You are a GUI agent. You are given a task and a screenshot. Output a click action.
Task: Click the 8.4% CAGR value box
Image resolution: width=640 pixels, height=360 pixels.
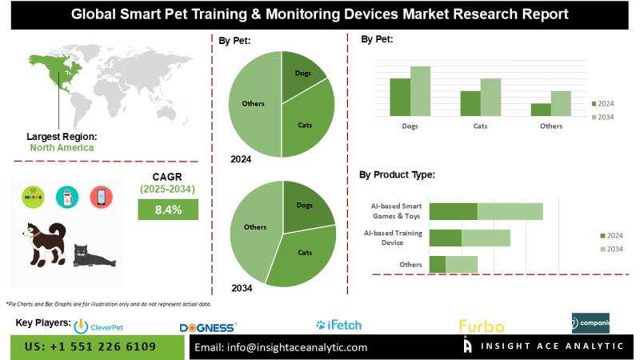click(167, 210)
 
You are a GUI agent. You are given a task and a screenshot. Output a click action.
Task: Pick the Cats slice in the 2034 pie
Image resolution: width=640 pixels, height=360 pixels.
click(304, 254)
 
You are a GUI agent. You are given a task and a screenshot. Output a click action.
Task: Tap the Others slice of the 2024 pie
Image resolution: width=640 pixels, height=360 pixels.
click(253, 104)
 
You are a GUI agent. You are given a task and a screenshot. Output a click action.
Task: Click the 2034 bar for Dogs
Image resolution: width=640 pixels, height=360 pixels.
click(420, 91)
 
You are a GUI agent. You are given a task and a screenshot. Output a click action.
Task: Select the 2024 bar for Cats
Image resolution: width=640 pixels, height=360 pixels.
click(470, 103)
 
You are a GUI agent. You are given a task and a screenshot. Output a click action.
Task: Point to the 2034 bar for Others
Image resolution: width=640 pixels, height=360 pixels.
click(561, 103)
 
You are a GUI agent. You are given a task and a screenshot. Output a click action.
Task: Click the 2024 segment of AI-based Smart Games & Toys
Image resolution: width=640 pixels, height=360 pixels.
click(453, 211)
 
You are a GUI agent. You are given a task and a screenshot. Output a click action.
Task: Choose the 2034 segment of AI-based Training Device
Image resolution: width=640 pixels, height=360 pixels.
click(486, 238)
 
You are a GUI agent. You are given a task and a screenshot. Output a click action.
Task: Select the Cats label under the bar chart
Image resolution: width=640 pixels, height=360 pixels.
click(480, 126)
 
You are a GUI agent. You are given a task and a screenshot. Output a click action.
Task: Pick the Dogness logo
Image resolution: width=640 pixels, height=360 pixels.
click(208, 327)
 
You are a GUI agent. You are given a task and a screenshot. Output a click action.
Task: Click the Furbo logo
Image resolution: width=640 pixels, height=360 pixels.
click(481, 326)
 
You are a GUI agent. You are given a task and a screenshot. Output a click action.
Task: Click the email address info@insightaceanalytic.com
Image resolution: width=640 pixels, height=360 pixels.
click(281, 347)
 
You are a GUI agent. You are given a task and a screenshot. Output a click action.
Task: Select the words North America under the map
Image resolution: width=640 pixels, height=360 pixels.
click(62, 147)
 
